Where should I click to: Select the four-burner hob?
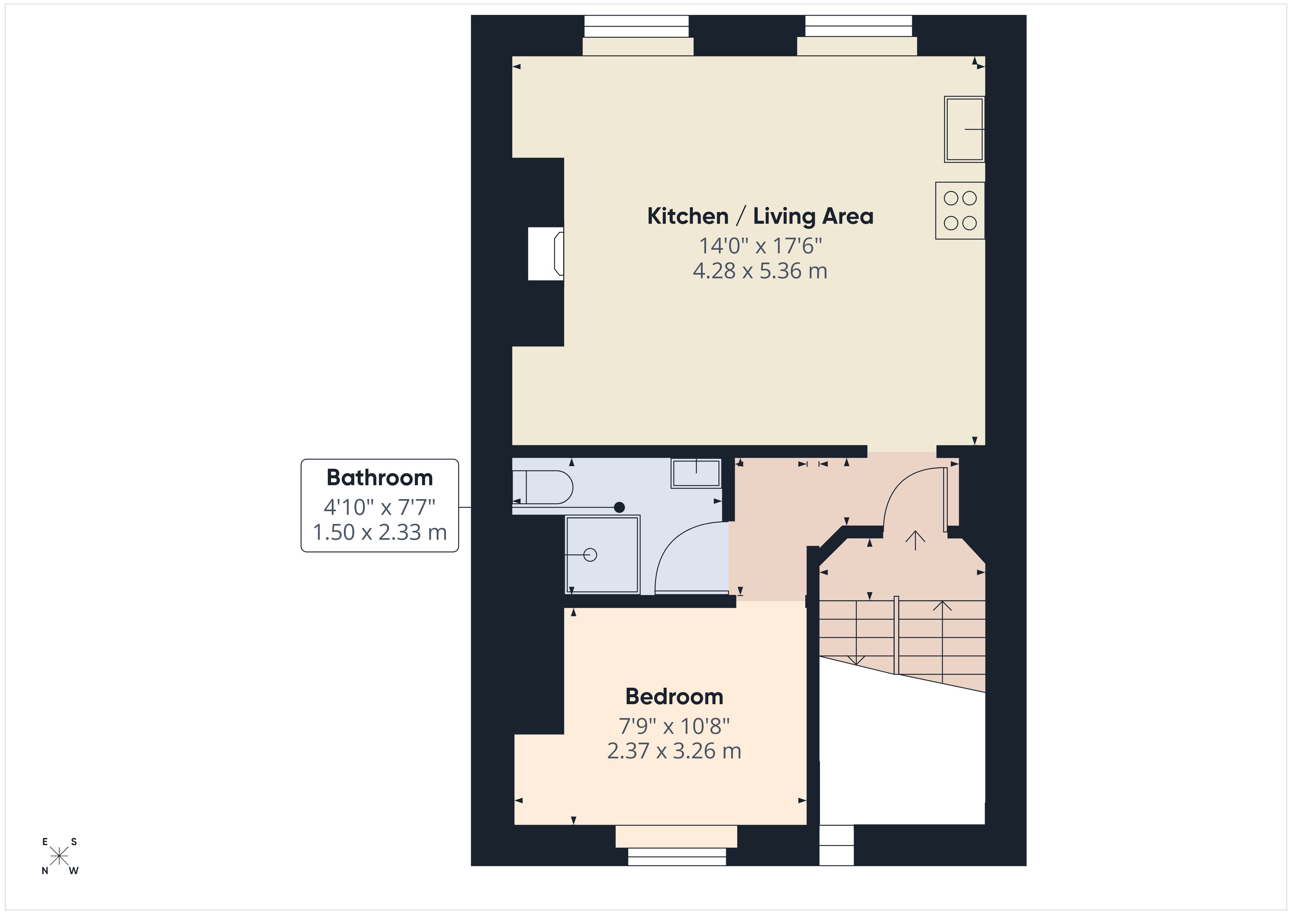pos(959,211)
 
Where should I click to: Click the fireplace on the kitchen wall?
pos(546,253)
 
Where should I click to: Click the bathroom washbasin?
pos(696,473)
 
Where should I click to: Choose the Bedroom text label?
pos(674,697)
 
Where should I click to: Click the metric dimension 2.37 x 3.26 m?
pos(674,751)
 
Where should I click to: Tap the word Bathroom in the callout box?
pos(379,478)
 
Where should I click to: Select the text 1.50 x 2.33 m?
pos(379,532)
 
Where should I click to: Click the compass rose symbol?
pos(59,857)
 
